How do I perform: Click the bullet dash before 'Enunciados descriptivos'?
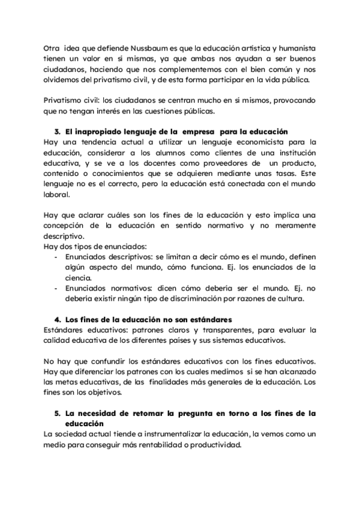(x=56, y=256)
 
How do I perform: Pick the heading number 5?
(x=57, y=414)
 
